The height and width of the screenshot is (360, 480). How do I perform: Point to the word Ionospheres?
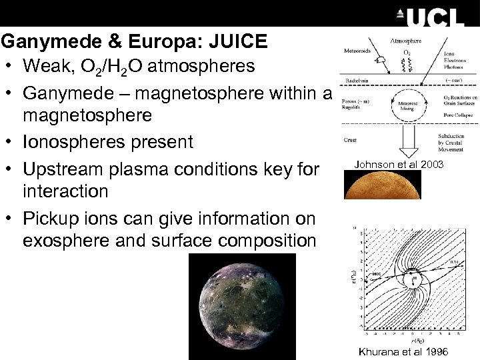click(x=70, y=142)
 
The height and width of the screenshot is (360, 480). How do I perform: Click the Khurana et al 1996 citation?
click(x=403, y=352)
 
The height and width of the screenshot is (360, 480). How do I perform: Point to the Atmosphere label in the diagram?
click(x=406, y=41)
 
